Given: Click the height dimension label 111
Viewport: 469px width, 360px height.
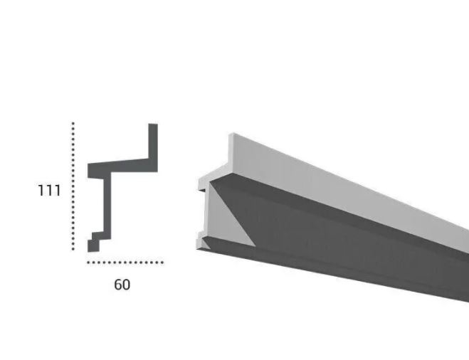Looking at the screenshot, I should (x=49, y=191).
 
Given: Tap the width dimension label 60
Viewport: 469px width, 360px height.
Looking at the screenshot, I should (x=122, y=285).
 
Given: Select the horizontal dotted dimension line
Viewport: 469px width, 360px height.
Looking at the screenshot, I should (x=125, y=263).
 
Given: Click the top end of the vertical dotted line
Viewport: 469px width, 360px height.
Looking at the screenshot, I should (x=73, y=123).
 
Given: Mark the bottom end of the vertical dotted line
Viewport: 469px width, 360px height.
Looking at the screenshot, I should (x=73, y=249).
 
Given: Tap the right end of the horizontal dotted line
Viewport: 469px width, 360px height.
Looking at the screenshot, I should (x=162, y=263).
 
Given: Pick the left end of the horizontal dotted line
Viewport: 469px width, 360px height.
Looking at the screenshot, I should (x=88, y=263).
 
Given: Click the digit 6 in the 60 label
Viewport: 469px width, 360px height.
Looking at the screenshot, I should (x=117, y=285).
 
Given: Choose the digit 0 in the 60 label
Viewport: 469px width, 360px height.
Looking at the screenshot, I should (x=126, y=285).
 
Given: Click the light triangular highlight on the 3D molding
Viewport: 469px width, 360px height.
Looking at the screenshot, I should (x=228, y=221).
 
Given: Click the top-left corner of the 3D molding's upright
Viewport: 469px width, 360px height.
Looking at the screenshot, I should (x=230, y=134).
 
